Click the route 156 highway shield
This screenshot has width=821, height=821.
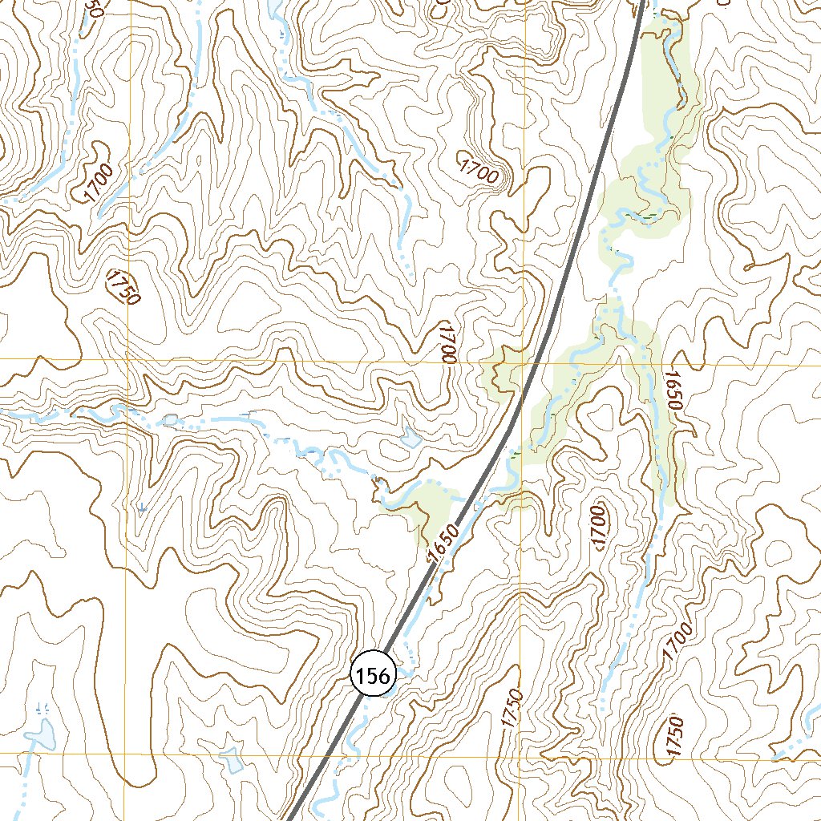tap(373, 676)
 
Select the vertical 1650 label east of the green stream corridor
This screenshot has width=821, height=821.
tap(673, 391)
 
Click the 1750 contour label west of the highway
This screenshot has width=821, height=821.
tap(123, 288)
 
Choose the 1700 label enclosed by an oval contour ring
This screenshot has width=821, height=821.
tap(597, 528)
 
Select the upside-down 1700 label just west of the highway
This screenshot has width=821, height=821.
tap(447, 344)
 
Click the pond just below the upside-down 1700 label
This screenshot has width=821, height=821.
tap(410, 438)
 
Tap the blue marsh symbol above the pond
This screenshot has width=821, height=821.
tap(42, 708)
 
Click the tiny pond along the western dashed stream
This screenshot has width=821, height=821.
tap(171, 419)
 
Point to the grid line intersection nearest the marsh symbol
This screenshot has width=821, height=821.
tap(126, 754)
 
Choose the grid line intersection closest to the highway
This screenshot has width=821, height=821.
tap(524, 361)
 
